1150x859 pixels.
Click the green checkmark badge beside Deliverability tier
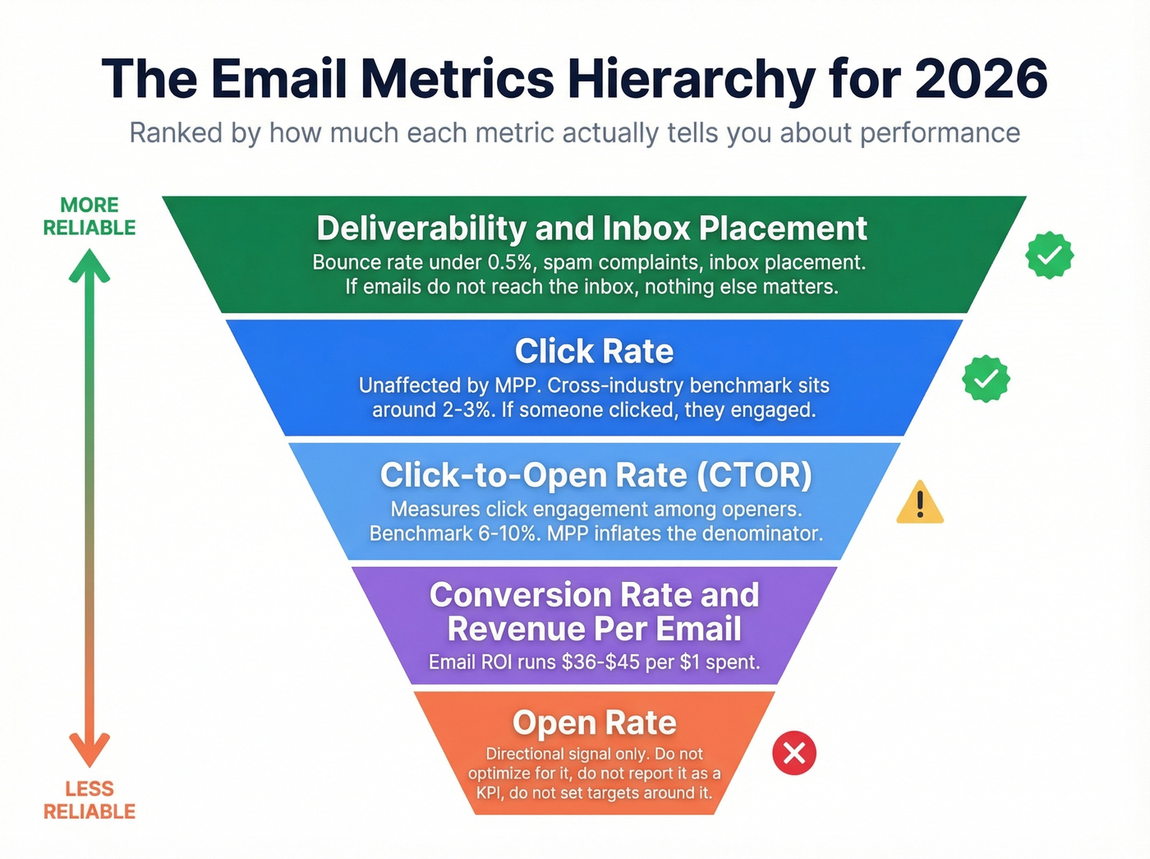[1049, 256]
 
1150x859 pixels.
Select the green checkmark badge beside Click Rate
[986, 379]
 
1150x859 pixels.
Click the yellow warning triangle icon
[920, 503]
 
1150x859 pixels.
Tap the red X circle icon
[794, 753]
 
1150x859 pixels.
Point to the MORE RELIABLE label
[90, 216]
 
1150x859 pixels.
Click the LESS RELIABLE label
[90, 800]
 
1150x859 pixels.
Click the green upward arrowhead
[90, 266]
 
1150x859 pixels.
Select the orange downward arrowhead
[90, 750]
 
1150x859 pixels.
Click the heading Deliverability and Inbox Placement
[591, 229]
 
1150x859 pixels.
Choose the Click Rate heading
[594, 352]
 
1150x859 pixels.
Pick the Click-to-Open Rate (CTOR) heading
[596, 475]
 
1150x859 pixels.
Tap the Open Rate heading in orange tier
[595, 723]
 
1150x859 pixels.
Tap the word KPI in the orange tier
[490, 793]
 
